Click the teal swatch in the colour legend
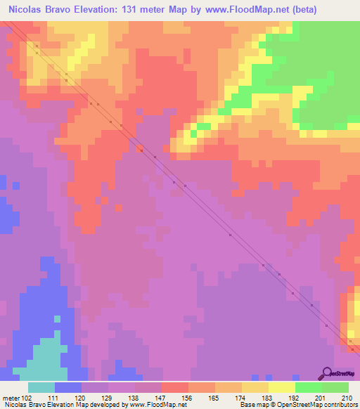(x=41, y=387)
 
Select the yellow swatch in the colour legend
(x=282, y=387)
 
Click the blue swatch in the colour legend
(x=68, y=387)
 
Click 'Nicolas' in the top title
(x=25, y=10)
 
